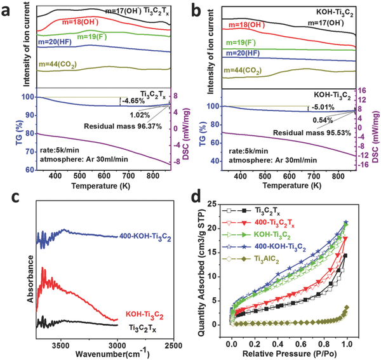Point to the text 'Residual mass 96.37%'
(x=121, y=126)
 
